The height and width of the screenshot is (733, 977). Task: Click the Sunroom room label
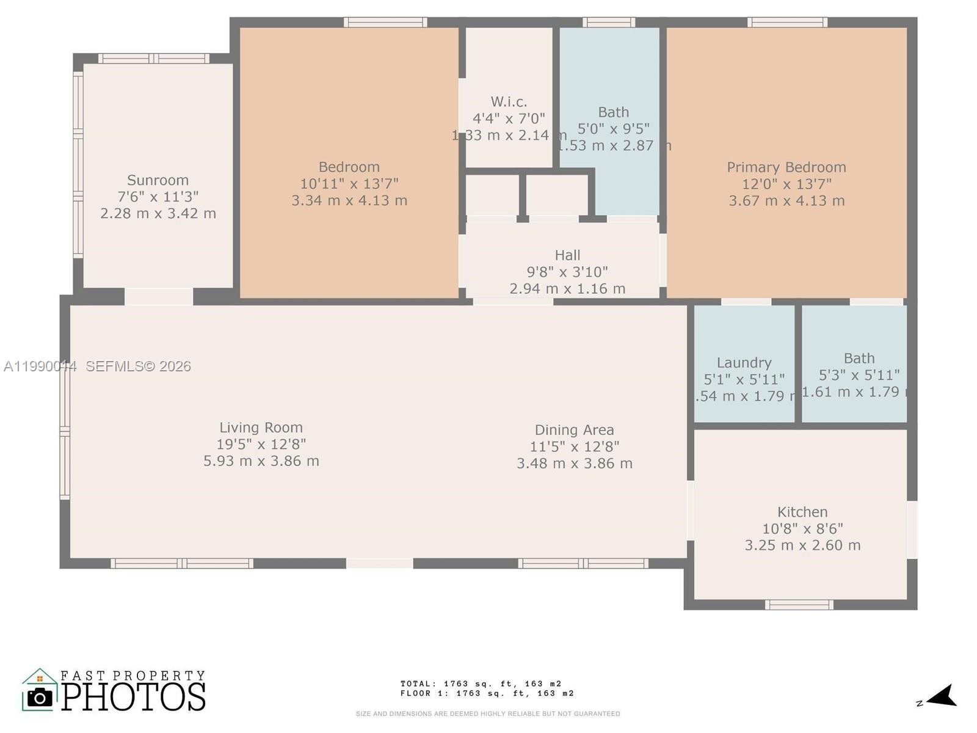tap(158, 180)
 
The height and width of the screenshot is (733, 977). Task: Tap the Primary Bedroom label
tap(786, 167)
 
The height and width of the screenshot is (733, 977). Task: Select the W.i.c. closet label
tap(509, 102)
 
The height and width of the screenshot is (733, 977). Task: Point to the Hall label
tap(567, 255)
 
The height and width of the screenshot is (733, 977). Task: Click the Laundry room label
tap(744, 363)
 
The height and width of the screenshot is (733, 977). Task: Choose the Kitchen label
tap(802, 512)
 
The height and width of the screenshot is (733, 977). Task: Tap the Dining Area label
tap(574, 430)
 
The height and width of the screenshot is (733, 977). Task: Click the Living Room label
tap(261, 428)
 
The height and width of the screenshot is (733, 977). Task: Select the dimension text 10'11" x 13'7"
tap(349, 184)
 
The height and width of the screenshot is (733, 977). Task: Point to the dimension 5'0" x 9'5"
tap(613, 129)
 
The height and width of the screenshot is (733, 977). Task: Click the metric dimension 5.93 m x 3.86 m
tap(261, 461)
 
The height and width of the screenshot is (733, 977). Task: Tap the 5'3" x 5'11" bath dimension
tap(859, 375)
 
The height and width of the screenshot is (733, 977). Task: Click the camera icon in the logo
tap(40, 697)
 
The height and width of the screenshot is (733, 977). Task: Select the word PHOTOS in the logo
tap(134, 697)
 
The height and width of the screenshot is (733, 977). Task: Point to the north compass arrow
tap(942, 696)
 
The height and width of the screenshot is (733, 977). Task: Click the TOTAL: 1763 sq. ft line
tap(481, 684)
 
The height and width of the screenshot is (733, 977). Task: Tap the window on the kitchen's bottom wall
tap(799, 605)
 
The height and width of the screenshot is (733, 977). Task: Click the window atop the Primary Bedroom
tap(787, 23)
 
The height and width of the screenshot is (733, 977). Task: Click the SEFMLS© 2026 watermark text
tap(138, 366)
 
